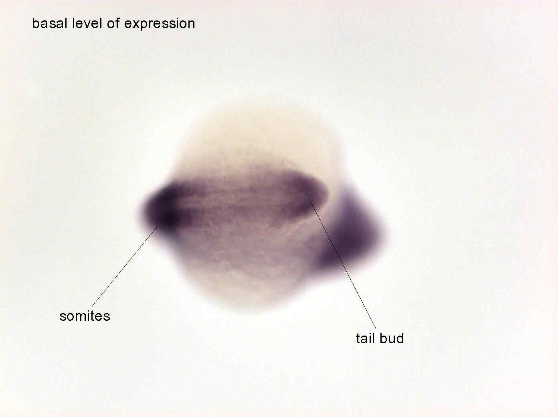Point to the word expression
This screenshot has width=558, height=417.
[160, 24]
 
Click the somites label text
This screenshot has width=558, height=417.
[85, 316]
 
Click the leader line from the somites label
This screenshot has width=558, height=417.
[125, 266]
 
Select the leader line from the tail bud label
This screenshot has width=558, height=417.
[343, 265]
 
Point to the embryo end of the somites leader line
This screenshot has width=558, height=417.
[158, 226]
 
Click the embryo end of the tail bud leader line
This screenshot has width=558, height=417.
[311, 202]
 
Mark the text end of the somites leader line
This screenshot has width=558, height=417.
[92, 306]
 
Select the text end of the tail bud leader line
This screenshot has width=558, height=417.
[376, 328]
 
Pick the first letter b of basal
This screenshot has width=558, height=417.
[35, 23]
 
